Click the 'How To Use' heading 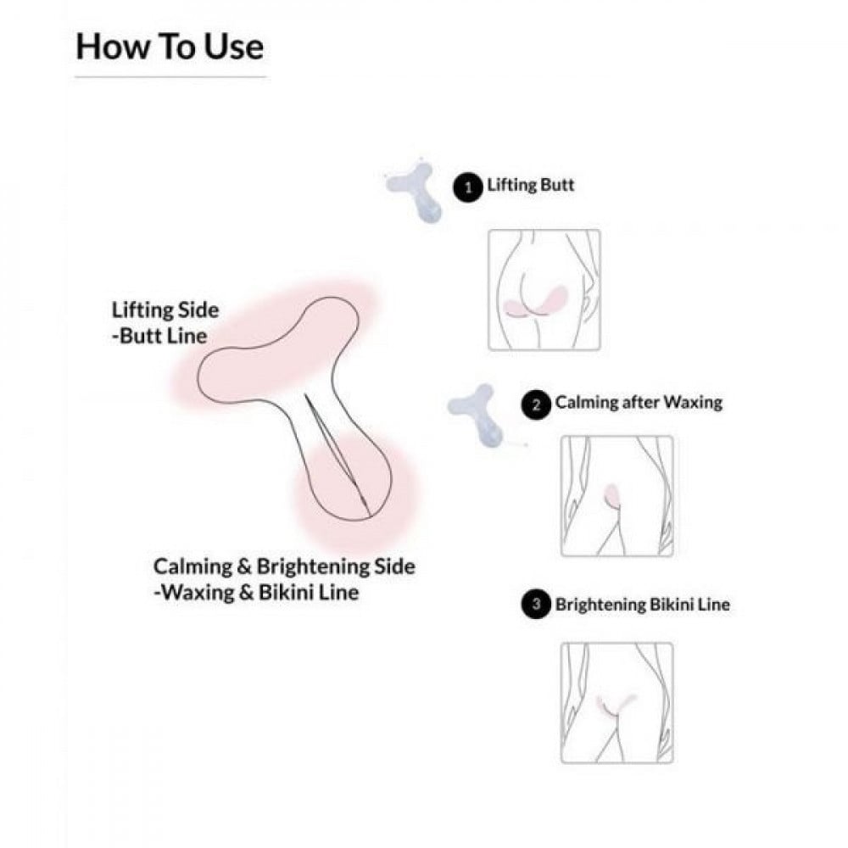(x=170, y=47)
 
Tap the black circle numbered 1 (x=467, y=187)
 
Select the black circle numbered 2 (x=536, y=405)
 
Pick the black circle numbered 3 (x=536, y=604)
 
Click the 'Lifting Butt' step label (x=531, y=185)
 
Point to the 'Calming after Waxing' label (x=639, y=402)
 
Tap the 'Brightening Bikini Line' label (x=643, y=604)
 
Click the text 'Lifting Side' (x=165, y=310)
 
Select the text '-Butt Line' (x=159, y=336)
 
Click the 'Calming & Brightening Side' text (x=284, y=566)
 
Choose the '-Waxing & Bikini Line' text (x=256, y=592)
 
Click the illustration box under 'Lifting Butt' (x=544, y=290)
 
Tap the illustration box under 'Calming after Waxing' (x=617, y=496)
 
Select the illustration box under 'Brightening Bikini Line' (x=617, y=703)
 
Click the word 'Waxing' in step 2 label (x=694, y=402)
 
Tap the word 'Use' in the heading (x=234, y=47)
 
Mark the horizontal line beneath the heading (x=170, y=77)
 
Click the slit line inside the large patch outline (x=337, y=455)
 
